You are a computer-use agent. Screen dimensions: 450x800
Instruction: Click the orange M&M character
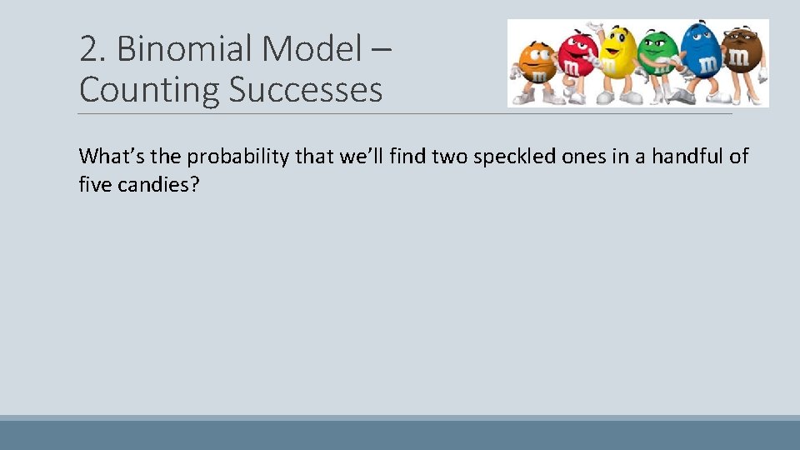pyautogui.click(x=537, y=67)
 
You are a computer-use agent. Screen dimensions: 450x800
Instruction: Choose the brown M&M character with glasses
pyautogui.click(x=738, y=58)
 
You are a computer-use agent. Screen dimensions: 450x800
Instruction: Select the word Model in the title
pyautogui.click(x=312, y=50)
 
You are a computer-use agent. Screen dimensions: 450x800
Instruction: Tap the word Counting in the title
pyautogui.click(x=148, y=89)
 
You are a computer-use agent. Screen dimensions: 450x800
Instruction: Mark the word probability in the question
pyautogui.click(x=239, y=157)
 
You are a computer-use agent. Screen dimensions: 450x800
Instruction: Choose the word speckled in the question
pyautogui.click(x=511, y=157)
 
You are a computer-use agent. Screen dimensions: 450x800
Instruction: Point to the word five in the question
pyautogui.click(x=94, y=185)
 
